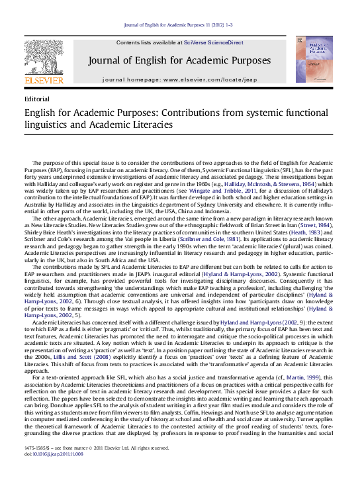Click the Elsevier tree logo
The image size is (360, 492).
[44, 57]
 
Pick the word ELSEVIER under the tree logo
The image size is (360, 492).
[44, 81]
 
